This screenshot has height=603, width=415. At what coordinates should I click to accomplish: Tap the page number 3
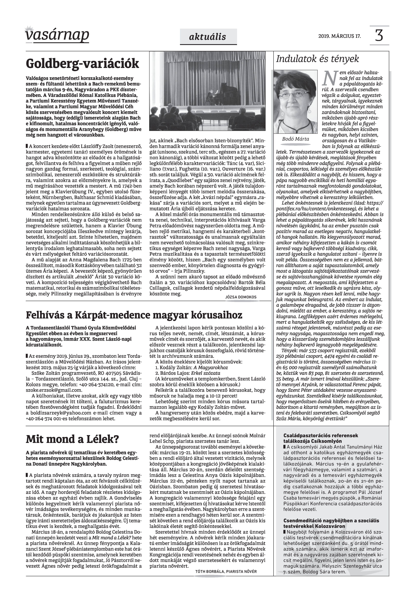click(379, 36)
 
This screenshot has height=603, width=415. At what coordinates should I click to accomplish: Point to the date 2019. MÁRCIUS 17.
click(340, 36)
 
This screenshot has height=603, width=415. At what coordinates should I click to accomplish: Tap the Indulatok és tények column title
click(317, 59)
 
